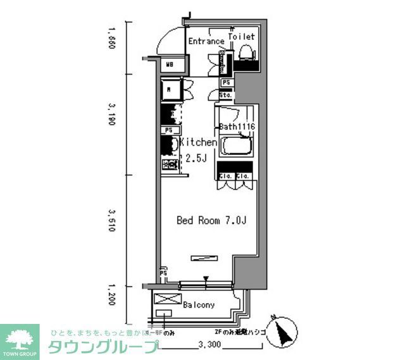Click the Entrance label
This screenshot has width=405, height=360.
coord(206,42)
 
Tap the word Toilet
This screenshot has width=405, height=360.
coord(241,37)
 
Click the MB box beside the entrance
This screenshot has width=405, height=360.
coord(170,64)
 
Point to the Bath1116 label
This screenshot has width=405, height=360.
coord(237,127)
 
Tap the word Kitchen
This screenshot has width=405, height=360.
coord(199,143)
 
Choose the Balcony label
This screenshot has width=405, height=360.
coord(199,305)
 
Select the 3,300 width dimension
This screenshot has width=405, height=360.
coord(209,345)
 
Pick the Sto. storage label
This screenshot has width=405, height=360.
coord(226,94)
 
